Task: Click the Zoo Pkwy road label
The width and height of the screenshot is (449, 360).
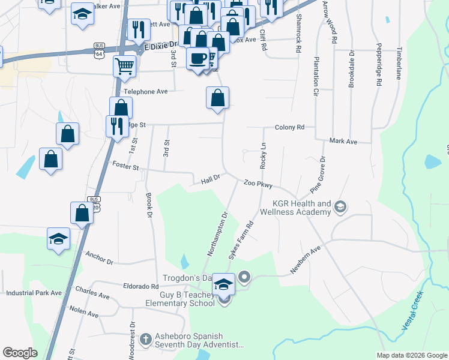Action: pyautogui.click(x=258, y=184)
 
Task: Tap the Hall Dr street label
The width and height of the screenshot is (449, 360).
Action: pyautogui.click(x=211, y=179)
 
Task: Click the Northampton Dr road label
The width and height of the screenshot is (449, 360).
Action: pyautogui.click(x=218, y=233)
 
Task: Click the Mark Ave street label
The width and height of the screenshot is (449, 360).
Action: pyautogui.click(x=343, y=142)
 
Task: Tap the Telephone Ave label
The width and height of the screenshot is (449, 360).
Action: pyautogui.click(x=145, y=92)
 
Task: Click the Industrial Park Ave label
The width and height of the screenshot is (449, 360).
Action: pyautogui.click(x=34, y=293)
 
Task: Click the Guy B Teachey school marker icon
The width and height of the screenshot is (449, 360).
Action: pyautogui.click(x=224, y=283)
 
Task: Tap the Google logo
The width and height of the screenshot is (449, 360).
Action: pyautogui.click(x=20, y=353)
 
